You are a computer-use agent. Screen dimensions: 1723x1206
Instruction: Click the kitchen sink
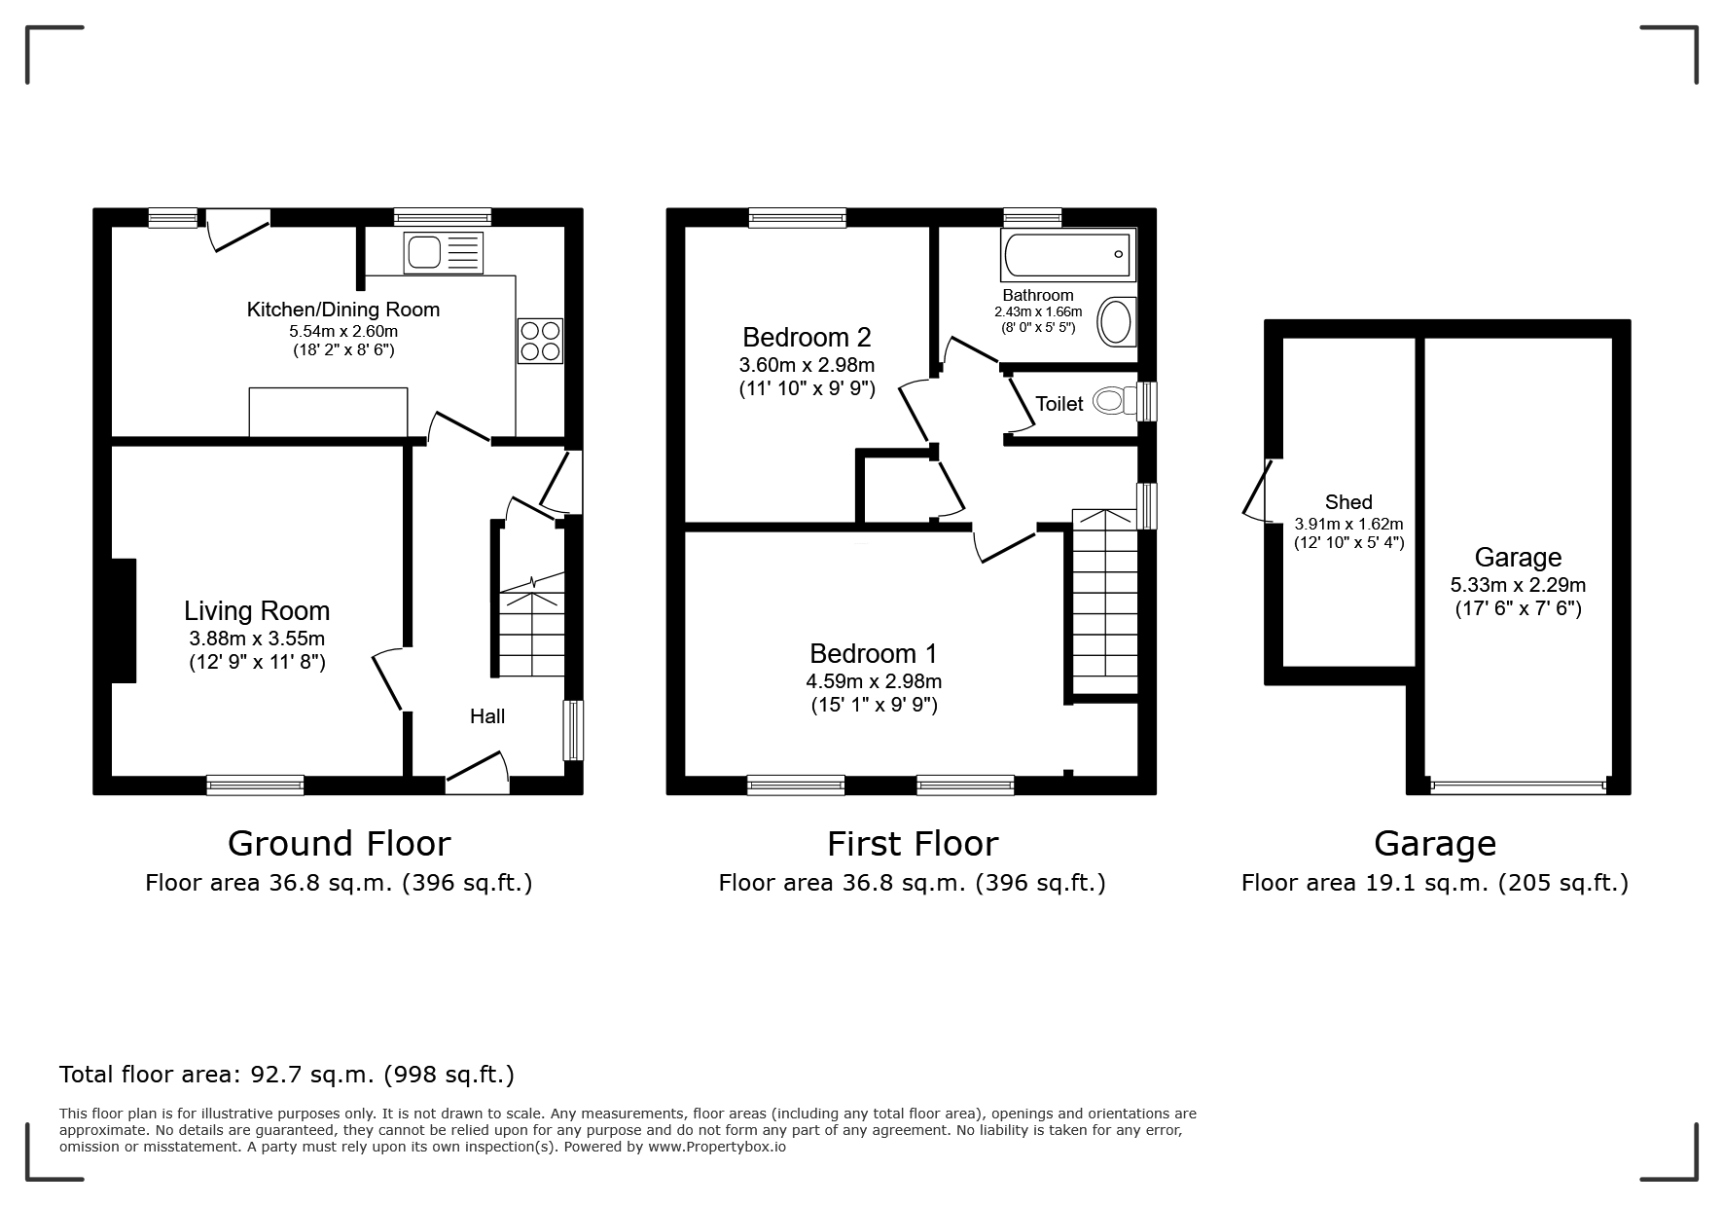pos(443,252)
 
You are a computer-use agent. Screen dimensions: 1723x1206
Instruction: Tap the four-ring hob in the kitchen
pos(540,341)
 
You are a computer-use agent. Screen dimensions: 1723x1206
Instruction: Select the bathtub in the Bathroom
pos(1068,254)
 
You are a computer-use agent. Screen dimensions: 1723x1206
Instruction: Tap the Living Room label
pos(257,610)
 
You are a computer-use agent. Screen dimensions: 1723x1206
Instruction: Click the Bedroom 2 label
pos(807,337)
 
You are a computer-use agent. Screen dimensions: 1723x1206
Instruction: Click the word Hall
pos(487,716)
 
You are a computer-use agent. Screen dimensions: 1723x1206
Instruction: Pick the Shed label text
pos(1348,502)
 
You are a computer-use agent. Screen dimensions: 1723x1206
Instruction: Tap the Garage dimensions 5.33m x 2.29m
pos(1518,585)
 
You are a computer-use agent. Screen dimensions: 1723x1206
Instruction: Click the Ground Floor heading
pos(339,843)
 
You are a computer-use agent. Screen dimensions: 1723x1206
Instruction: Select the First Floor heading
pos(913,843)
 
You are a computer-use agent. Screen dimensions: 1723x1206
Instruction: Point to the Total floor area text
pos(287,1075)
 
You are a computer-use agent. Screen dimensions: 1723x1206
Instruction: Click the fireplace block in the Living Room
pos(124,621)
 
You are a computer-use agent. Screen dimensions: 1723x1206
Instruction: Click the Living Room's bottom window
pos(255,785)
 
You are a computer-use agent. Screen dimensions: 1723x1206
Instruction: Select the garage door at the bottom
pos(1519,786)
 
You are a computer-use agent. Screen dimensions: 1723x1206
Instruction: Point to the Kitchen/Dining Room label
pos(343,310)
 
